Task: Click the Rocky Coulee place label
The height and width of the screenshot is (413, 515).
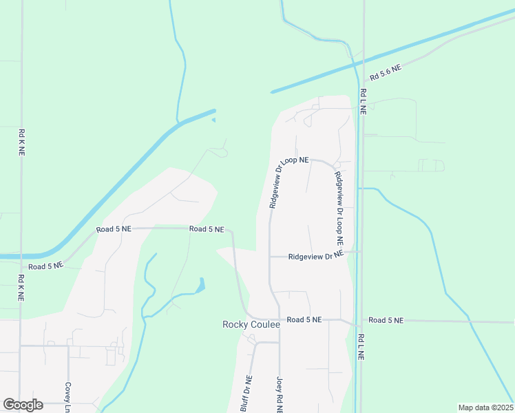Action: point(251,324)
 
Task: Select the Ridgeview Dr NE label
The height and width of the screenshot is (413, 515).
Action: point(315,256)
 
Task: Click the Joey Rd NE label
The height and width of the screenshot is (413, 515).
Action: point(280,394)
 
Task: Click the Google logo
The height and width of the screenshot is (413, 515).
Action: point(23,405)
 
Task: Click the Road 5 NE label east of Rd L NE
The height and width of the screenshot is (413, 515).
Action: point(386,320)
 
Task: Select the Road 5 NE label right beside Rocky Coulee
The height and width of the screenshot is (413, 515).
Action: point(304,319)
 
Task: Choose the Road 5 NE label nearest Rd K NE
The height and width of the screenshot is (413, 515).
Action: point(45,265)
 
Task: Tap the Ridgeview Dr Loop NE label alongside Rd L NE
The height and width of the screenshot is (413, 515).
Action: point(339,209)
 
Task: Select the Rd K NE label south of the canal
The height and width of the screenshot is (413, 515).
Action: point(22,288)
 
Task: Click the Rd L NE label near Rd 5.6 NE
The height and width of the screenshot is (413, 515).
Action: point(362,102)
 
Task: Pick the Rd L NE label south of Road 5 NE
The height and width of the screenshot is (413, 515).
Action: point(361,348)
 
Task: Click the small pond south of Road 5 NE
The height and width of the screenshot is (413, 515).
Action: point(200,284)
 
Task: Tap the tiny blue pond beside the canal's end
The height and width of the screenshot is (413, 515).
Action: point(213,120)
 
